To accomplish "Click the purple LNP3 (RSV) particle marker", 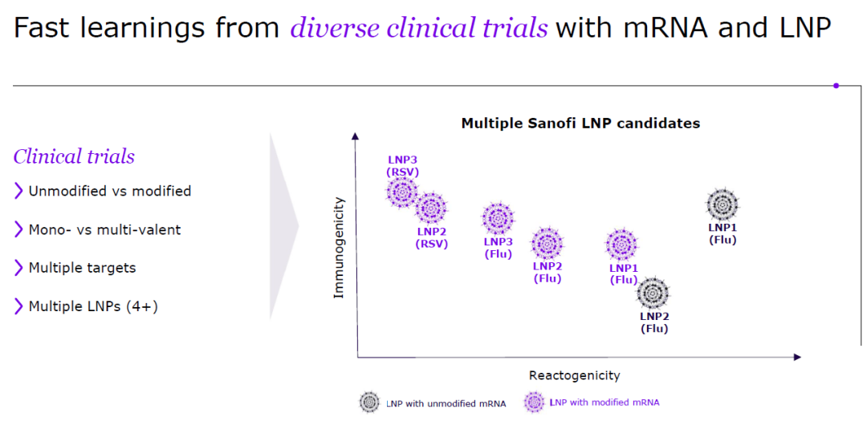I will (402, 192).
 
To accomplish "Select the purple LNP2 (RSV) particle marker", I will (431, 208).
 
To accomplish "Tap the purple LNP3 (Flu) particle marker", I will (498, 218).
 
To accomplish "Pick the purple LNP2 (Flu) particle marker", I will (547, 243).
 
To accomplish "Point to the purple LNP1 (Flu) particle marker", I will (622, 245).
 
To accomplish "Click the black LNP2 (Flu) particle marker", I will (653, 293).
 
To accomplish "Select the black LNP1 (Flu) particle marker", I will (722, 205).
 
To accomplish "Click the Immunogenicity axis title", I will (339, 247).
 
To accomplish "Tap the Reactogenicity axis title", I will (574, 375).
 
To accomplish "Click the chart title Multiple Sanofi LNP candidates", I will (580, 123).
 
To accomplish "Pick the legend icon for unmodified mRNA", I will (370, 403).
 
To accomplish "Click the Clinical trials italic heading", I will (74, 156).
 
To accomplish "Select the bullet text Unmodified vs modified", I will (109, 191).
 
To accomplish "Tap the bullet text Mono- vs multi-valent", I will (104, 229).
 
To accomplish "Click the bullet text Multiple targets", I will (82, 268).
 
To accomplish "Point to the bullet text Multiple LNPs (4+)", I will (93, 306).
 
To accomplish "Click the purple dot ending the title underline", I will (836, 85).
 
